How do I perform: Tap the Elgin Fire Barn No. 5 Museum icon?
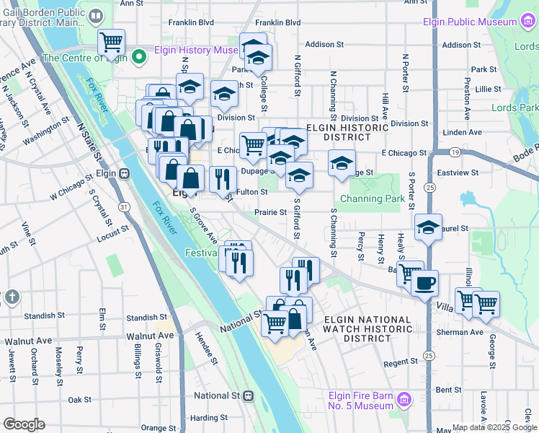coord(404,399)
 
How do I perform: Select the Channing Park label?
coord(373,198)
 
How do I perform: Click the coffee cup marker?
coord(425,282)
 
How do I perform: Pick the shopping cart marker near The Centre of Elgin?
coord(111,42)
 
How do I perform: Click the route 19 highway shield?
coord(455,152)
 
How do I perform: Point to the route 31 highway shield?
coord(124,207)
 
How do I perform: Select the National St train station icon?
coord(249,395)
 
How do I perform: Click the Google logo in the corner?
coord(24,424)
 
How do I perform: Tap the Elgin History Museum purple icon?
coord(140,51)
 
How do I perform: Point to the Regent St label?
coord(401,363)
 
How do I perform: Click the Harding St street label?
coord(204,418)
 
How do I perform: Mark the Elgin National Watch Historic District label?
coord(367,328)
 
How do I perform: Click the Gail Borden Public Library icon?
coord(96,14)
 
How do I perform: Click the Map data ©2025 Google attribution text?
coord(494,427)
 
